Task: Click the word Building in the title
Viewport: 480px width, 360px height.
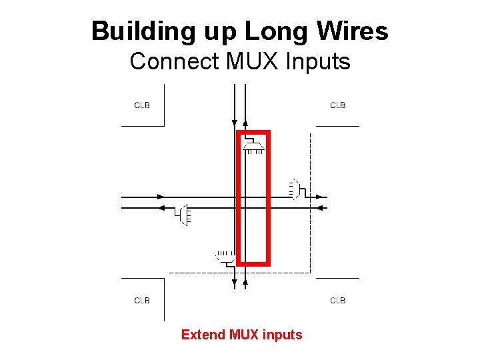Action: [132, 31]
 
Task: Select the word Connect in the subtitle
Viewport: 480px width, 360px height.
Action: [175, 61]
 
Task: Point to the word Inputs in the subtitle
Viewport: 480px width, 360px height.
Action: [317, 61]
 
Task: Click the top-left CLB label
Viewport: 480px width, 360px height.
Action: [142, 105]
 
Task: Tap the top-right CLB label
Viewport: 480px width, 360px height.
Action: [338, 105]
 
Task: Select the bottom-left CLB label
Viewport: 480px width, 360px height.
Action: [142, 301]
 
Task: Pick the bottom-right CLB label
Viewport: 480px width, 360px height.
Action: [338, 301]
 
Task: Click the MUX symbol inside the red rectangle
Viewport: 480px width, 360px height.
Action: [253, 145]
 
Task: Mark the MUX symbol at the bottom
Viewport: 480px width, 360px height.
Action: [225, 257]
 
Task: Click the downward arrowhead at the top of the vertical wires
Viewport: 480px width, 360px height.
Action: [234, 122]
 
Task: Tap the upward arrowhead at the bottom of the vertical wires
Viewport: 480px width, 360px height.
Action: [245, 283]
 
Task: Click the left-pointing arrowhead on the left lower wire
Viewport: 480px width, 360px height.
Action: [161, 208]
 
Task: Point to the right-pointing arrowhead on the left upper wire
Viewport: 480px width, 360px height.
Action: [161, 197]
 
